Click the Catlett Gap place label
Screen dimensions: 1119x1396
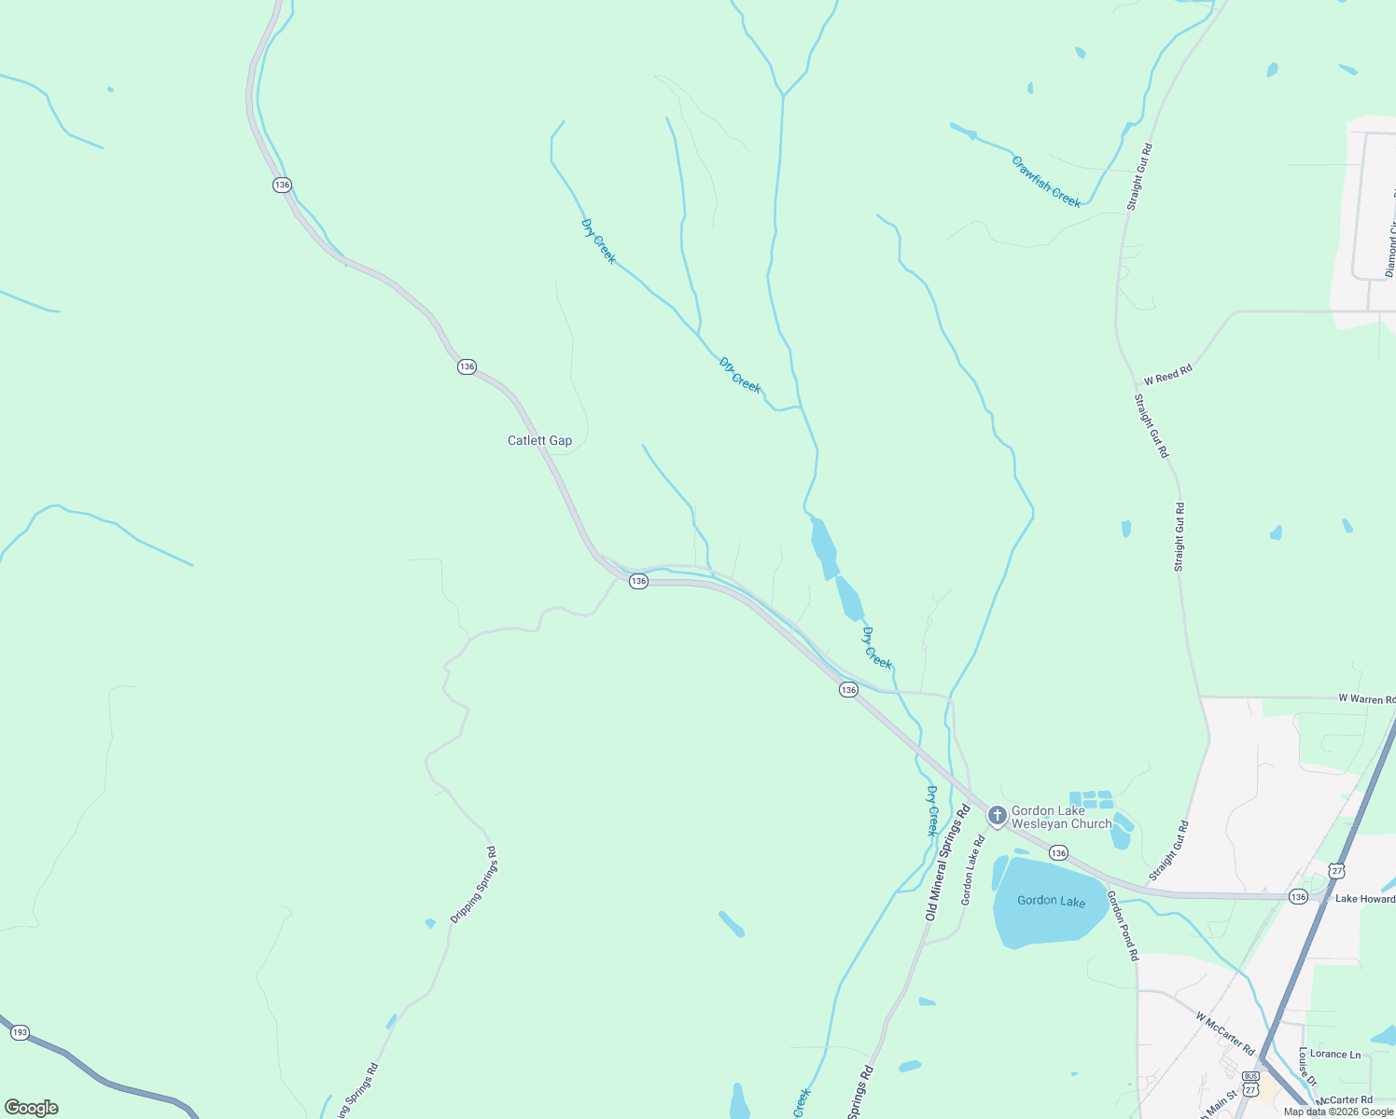point(539,440)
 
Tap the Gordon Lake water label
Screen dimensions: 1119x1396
point(1051,900)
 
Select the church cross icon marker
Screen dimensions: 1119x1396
point(997,816)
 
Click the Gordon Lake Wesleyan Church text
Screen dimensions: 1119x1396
point(1062,817)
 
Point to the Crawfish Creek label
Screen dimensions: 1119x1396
point(1046,182)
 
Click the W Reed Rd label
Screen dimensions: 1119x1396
point(1168,375)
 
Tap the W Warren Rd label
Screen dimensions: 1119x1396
point(1366,698)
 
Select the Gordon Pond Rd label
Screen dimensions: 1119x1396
point(1123,925)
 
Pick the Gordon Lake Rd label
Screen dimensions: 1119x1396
point(973,870)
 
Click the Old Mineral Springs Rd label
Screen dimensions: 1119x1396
point(948,863)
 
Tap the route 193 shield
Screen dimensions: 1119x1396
point(20,1032)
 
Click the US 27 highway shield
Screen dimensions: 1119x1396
point(1337,871)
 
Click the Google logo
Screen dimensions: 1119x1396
point(32,1108)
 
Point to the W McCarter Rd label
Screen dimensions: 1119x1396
point(1225,1032)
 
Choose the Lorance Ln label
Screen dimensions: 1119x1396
point(1335,1055)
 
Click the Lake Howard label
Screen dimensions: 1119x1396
point(1364,899)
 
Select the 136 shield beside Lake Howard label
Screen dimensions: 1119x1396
point(1298,896)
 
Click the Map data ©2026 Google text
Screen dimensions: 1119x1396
point(1338,1112)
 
